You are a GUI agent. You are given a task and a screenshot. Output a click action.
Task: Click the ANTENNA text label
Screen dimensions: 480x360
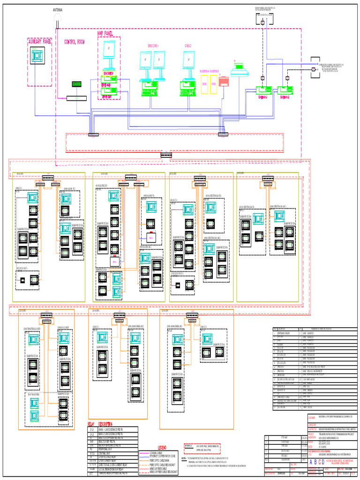coord(58,10)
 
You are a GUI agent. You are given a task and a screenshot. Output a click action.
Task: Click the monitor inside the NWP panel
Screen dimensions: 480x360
coord(110,51)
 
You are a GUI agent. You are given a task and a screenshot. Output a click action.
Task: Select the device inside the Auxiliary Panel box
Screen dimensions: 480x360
coord(37,56)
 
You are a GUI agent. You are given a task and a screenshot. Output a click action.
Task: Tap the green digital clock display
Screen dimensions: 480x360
coord(76,84)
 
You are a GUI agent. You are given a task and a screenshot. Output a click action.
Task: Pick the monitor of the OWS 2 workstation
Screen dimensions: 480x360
coord(189,60)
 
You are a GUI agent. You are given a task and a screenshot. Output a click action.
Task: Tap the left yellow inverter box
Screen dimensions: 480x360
coord(204,84)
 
